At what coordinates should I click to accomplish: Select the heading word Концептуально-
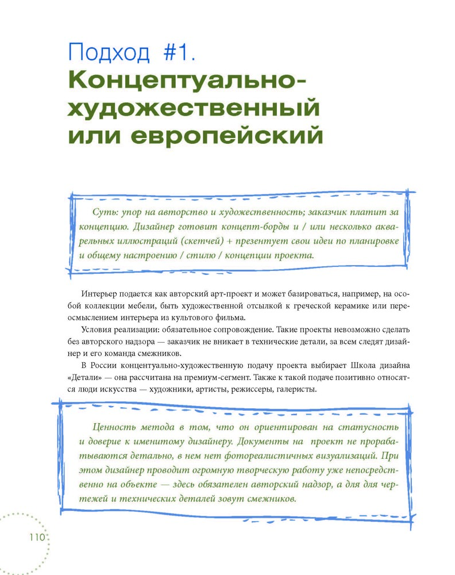tap(187, 80)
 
